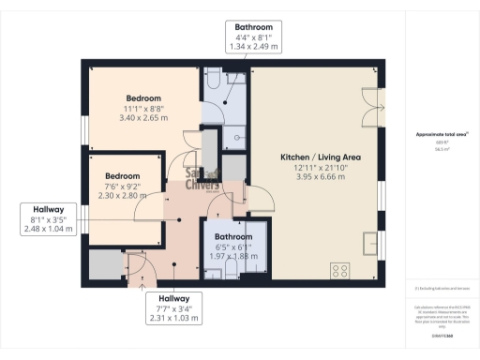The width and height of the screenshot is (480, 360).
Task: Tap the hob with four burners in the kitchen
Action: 337,270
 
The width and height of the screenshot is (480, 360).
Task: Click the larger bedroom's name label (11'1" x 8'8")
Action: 144,98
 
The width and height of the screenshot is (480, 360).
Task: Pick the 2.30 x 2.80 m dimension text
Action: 122,195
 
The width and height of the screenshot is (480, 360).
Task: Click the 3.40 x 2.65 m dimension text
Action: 144,118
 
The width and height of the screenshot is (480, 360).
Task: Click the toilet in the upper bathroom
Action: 214,77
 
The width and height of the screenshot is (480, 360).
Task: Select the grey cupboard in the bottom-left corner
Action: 105,266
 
